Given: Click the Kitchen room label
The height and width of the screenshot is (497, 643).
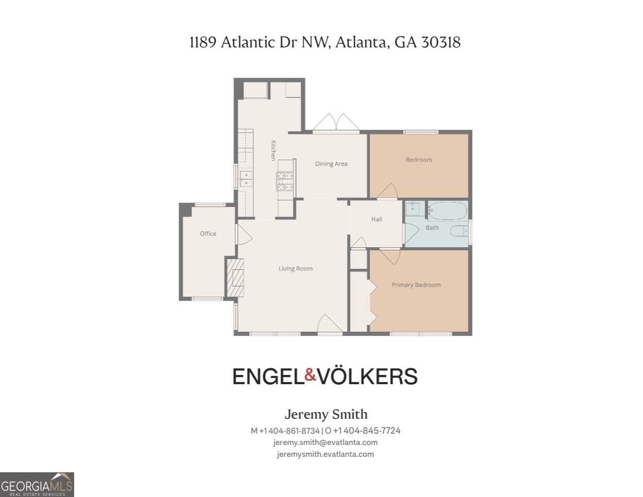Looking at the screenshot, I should click(273, 150).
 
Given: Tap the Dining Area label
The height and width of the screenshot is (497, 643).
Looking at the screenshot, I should click(331, 164).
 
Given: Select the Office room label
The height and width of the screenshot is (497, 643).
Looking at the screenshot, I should click(208, 233).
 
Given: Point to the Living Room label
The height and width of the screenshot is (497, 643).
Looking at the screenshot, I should click(296, 268).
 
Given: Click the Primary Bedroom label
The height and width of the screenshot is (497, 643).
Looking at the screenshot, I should click(416, 285).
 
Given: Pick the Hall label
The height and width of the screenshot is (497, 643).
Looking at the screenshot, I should click(376, 219).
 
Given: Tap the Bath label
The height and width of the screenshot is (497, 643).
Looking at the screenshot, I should click(432, 227).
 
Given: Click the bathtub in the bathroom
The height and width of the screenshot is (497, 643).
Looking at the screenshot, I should click(447, 211).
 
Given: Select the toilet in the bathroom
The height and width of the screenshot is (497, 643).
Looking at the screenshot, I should click(459, 231).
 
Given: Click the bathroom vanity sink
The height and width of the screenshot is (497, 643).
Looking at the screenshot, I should click(413, 209).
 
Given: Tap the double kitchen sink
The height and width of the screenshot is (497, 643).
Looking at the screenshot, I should click(246, 178).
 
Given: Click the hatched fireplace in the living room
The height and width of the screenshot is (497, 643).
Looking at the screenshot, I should click(235, 278).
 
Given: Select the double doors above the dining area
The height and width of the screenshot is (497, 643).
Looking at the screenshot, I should click(336, 123).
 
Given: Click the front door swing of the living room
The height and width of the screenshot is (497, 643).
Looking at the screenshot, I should click(329, 324).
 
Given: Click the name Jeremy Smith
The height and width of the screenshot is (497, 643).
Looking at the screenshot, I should click(326, 414).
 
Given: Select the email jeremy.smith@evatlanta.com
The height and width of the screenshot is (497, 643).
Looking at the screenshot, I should click(325, 442).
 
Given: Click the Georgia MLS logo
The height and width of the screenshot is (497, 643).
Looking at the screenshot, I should click(37, 485).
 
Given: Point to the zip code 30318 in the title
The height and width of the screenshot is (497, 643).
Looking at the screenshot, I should click(441, 42).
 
